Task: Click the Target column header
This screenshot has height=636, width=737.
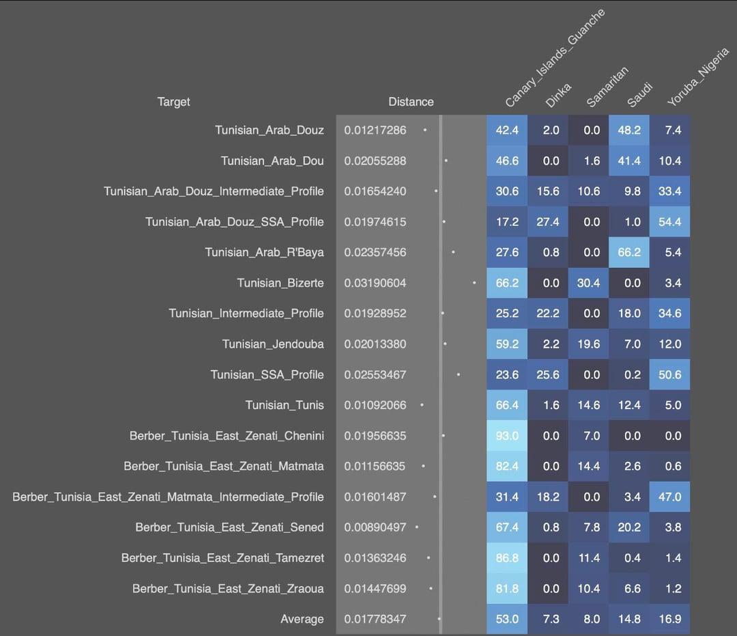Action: pyautogui.click(x=173, y=102)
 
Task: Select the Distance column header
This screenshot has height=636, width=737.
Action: pyautogui.click(x=411, y=102)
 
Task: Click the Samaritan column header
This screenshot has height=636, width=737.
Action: pyautogui.click(x=607, y=87)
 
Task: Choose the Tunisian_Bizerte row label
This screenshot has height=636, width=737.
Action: pyautogui.click(x=280, y=283)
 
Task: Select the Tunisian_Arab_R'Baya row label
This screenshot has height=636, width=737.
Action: pyautogui.click(x=264, y=252)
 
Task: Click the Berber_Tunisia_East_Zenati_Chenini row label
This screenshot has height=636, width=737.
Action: pyautogui.click(x=227, y=436)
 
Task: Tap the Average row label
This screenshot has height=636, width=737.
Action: pyautogui.click(x=302, y=619)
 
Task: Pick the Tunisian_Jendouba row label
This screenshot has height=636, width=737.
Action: pyautogui.click(x=273, y=344)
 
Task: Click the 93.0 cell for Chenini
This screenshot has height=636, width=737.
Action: pyautogui.click(x=507, y=436)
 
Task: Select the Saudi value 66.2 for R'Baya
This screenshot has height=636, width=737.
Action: pyautogui.click(x=628, y=252)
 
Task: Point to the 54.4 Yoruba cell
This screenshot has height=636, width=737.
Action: pyautogui.click(x=669, y=221)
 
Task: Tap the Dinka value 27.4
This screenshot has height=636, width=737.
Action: pyautogui.click(x=548, y=221)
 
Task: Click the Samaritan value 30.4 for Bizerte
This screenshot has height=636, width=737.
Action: pyautogui.click(x=588, y=283)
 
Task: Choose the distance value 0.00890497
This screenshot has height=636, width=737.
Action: pyautogui.click(x=375, y=527)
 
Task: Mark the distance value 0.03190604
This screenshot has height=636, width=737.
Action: pyautogui.click(x=375, y=283)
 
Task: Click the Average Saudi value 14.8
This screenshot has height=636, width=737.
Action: pyautogui.click(x=628, y=619)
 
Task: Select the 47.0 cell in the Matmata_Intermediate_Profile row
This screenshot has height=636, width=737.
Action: pyautogui.click(x=669, y=497)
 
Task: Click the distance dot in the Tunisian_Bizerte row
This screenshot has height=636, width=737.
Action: pyautogui.click(x=474, y=282)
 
